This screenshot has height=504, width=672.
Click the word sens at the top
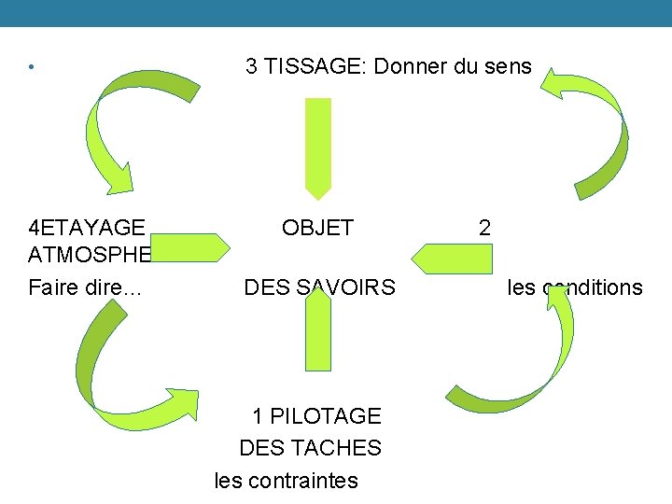coord(510,66)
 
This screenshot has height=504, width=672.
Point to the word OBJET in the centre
coord(317,228)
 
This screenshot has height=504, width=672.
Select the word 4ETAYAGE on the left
coord(87,228)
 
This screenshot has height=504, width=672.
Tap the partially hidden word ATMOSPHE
coord(90,255)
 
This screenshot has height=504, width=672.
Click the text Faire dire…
coord(85,287)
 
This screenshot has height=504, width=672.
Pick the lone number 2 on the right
coord(484,228)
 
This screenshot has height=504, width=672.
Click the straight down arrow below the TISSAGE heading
coord(318,147)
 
